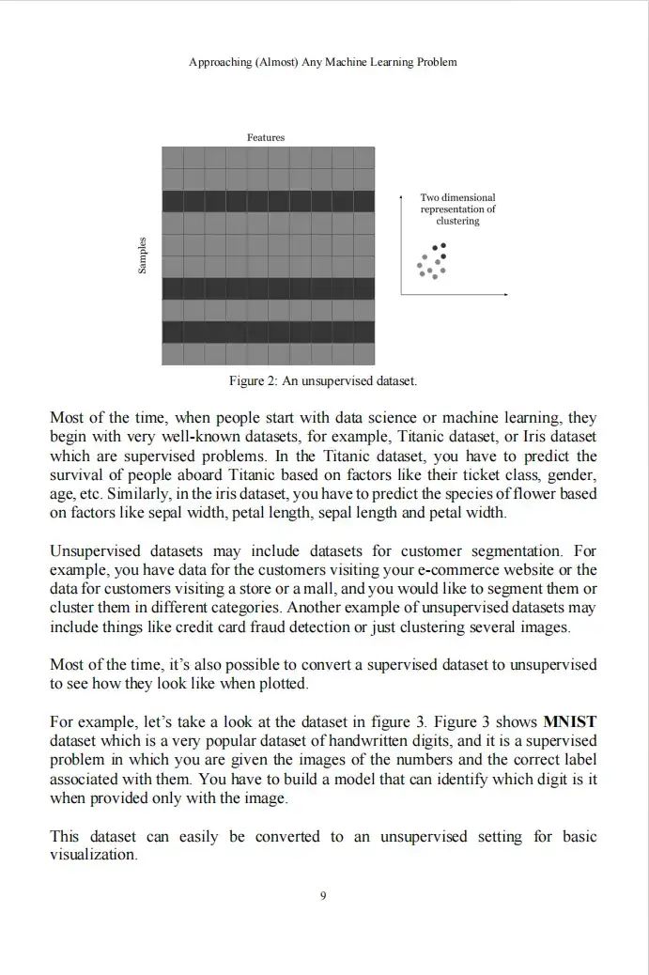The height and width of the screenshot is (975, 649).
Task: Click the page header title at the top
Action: pyautogui.click(x=323, y=62)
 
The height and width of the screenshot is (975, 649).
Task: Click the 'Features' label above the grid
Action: pyautogui.click(x=266, y=137)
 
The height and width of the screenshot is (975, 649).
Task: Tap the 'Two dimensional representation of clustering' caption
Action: pyautogui.click(x=457, y=209)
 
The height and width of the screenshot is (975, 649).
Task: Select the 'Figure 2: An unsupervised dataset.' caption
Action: pyautogui.click(x=323, y=381)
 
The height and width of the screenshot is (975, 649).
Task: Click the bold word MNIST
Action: pyautogui.click(x=570, y=722)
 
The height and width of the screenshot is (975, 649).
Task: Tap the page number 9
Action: pyautogui.click(x=323, y=896)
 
